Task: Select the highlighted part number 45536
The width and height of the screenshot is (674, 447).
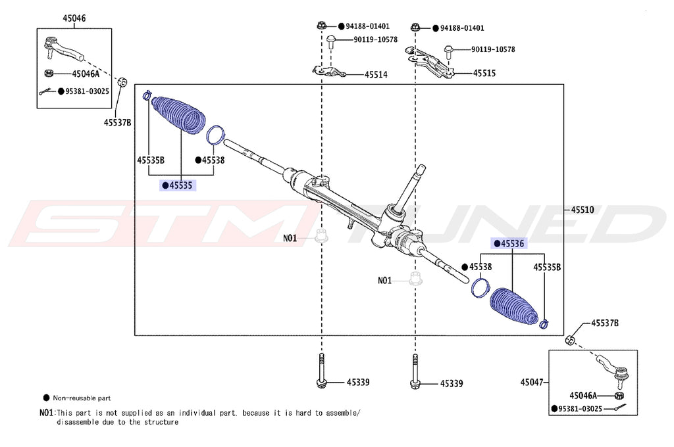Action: tap(511, 244)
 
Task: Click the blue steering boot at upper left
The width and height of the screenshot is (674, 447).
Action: tap(178, 116)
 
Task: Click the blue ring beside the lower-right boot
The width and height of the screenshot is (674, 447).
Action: tap(480, 287)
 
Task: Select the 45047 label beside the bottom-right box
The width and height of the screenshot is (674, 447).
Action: tap(532, 382)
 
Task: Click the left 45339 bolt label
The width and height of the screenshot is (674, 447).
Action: tap(358, 383)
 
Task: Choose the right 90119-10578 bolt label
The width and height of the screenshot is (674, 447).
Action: tap(492, 50)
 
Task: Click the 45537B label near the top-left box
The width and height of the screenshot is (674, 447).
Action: tap(117, 122)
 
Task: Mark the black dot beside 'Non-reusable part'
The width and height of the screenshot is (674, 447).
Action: tap(45, 398)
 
